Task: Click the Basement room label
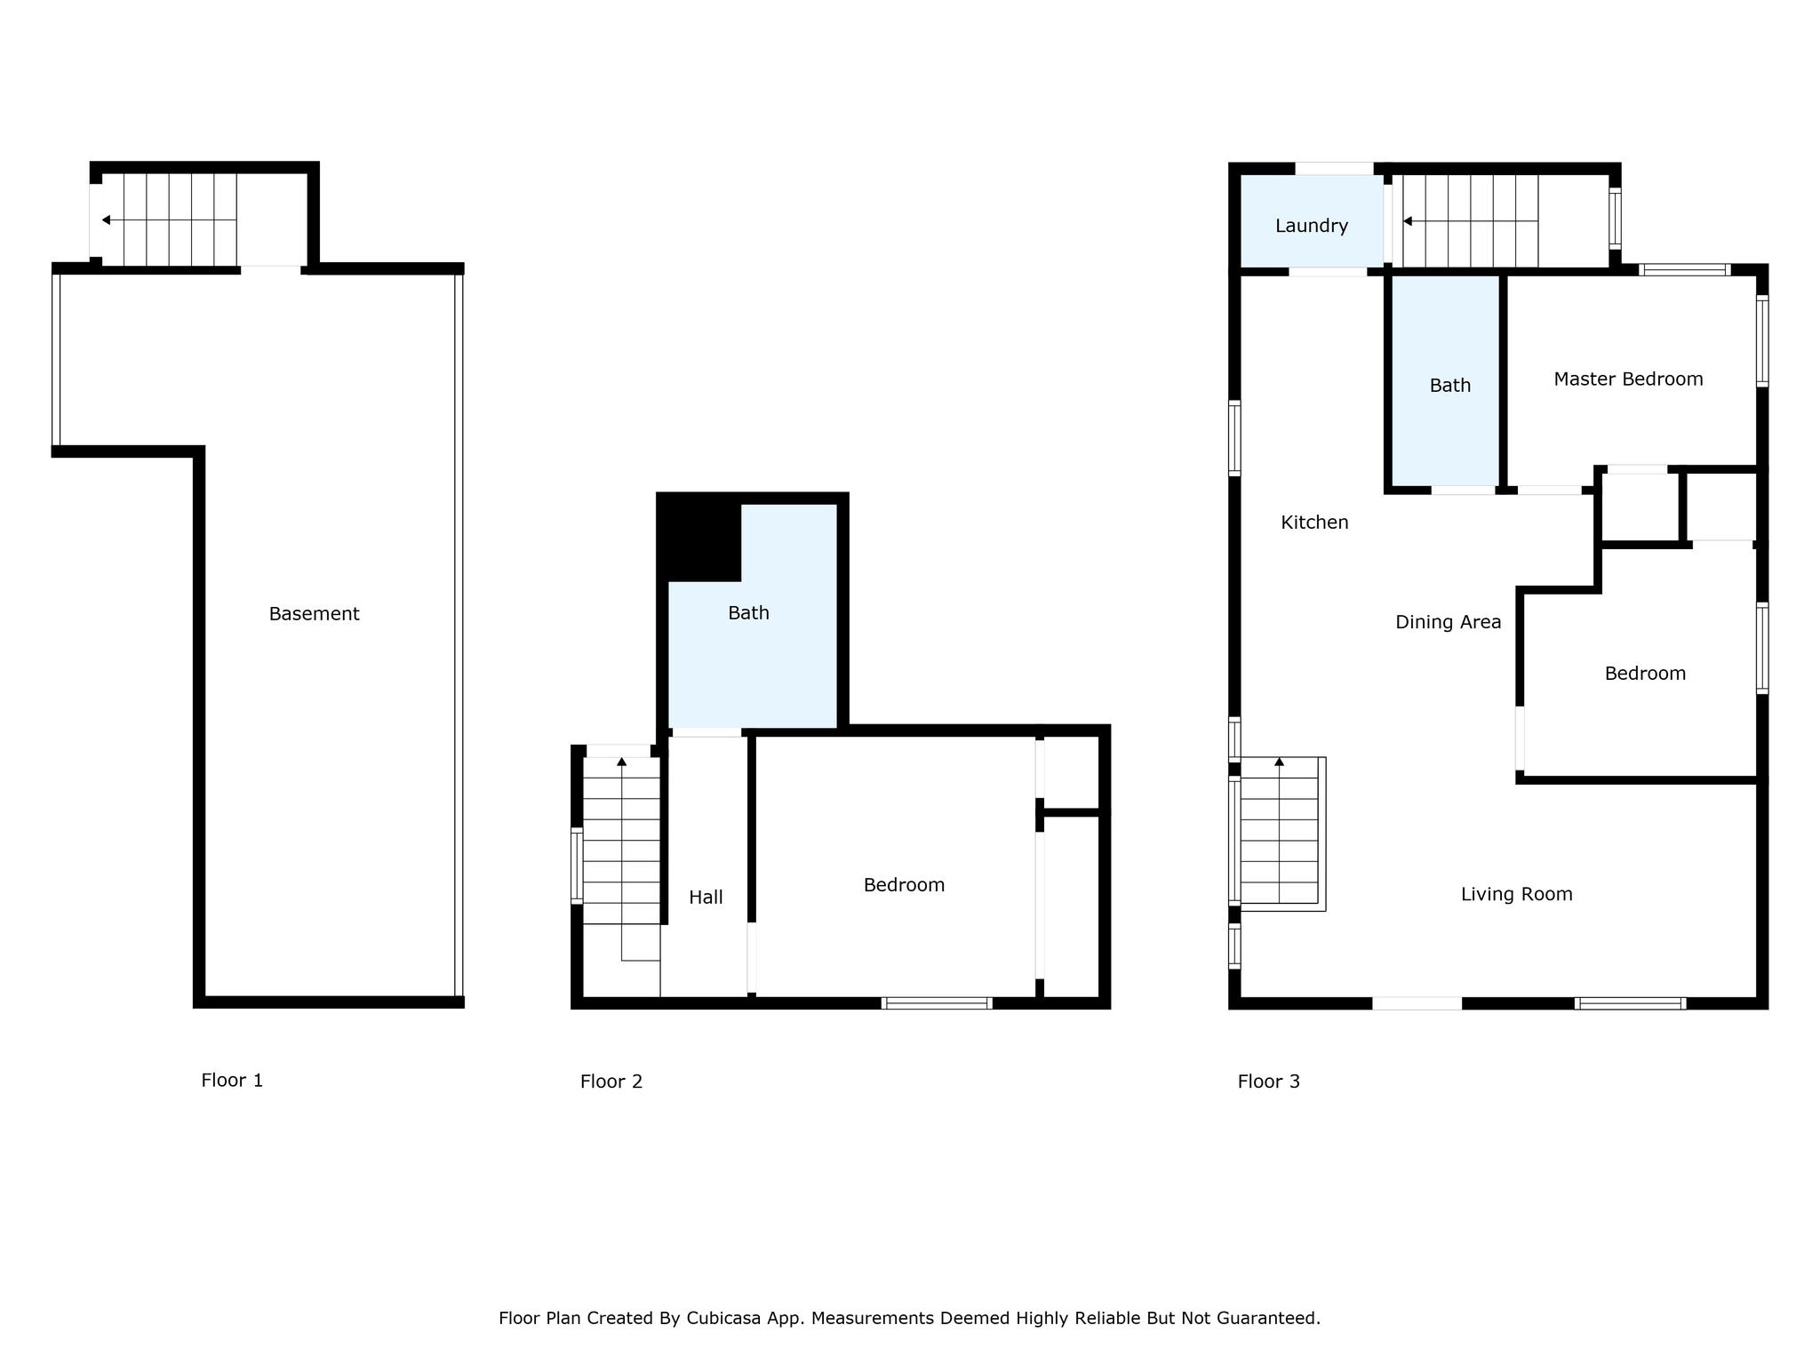pyautogui.click(x=314, y=613)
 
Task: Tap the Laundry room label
pyautogui.click(x=1312, y=226)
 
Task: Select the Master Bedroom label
pyautogui.click(x=1628, y=379)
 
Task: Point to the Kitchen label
pyautogui.click(x=1314, y=523)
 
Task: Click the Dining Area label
pyautogui.click(x=1448, y=622)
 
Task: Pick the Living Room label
pyautogui.click(x=1516, y=894)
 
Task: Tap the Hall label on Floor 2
pyautogui.click(x=706, y=898)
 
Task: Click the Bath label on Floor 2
pyautogui.click(x=748, y=613)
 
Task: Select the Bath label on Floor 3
pyautogui.click(x=1449, y=386)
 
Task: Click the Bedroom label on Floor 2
pyautogui.click(x=904, y=885)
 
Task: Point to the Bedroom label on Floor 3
pyautogui.click(x=1645, y=674)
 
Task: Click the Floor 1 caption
pyautogui.click(x=232, y=1081)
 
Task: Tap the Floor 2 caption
pyautogui.click(x=611, y=1082)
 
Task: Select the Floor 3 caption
pyautogui.click(x=1268, y=1082)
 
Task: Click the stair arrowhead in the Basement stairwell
pyautogui.click(x=106, y=220)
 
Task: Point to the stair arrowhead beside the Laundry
pyautogui.click(x=1407, y=221)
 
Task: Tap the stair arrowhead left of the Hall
pyautogui.click(x=621, y=762)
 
